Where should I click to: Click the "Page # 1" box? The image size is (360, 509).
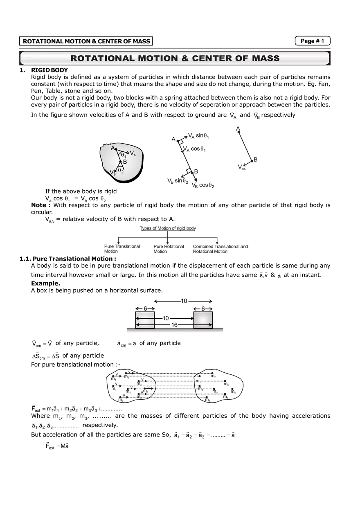312,41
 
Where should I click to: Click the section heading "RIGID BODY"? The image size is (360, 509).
49,70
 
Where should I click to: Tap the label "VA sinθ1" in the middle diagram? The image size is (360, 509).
198,136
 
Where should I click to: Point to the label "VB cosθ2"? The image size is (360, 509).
203,185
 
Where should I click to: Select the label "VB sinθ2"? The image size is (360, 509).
178,181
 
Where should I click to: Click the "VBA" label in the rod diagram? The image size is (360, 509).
242,167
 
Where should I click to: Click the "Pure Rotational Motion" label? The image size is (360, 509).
169,249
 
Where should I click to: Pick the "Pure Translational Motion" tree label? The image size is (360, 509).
122,249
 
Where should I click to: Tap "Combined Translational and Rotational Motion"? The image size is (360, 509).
220,249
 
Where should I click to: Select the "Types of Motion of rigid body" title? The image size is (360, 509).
168,228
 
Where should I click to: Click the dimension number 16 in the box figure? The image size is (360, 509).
174,325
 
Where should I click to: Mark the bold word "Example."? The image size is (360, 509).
46,284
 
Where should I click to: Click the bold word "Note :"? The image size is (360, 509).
41,205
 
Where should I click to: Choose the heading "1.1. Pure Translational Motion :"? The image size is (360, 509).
67,259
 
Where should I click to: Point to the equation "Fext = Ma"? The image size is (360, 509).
57,446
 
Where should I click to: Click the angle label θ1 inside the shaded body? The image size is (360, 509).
123,155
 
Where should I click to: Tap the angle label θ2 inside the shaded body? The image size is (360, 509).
121,171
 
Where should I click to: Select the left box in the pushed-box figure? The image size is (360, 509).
145,320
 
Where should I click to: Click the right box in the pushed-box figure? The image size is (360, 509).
203,320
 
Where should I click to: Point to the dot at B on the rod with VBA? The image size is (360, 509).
252,161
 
